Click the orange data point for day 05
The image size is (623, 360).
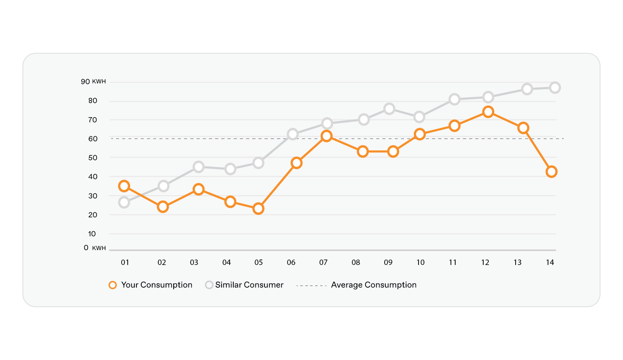pyautogui.click(x=258, y=209)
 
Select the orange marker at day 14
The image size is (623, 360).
pyautogui.click(x=551, y=171)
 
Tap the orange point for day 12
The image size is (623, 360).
pyautogui.click(x=488, y=112)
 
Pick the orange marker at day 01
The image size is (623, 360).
pyautogui.click(x=124, y=186)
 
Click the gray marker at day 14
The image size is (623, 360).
pyautogui.click(x=555, y=88)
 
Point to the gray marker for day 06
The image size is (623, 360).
pyautogui.click(x=293, y=134)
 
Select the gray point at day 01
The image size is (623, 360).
pyautogui.click(x=124, y=202)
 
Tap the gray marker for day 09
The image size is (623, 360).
pyautogui.click(x=389, y=109)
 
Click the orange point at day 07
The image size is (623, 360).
pyautogui.click(x=326, y=136)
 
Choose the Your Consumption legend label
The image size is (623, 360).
pyautogui.click(x=156, y=285)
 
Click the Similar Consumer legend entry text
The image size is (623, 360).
pyautogui.click(x=249, y=285)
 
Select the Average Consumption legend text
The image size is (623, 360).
pyautogui.click(x=374, y=285)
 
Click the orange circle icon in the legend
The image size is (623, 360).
pyautogui.click(x=113, y=285)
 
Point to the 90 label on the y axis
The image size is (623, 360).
pyautogui.click(x=86, y=82)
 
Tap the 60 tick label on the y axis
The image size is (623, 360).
pyautogui.click(x=93, y=139)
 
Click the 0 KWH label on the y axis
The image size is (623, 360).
pyautogui.click(x=94, y=248)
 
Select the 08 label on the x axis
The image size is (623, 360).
pyautogui.click(x=356, y=262)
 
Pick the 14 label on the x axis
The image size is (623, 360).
pyautogui.click(x=550, y=262)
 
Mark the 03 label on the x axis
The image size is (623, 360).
pyautogui.click(x=194, y=262)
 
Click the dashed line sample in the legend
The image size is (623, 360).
pyautogui.click(x=311, y=286)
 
